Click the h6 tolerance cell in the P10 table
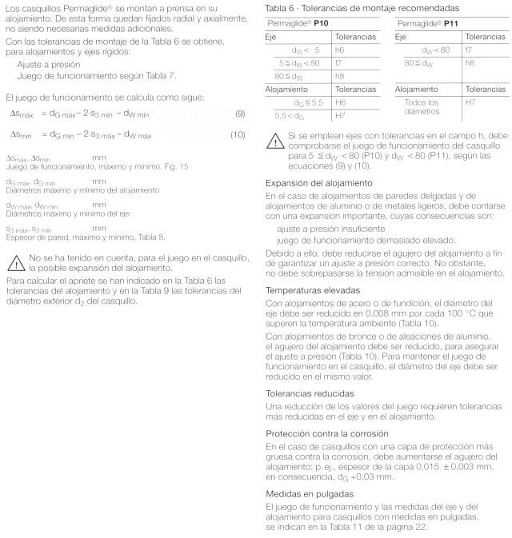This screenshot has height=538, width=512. [x=339, y=50]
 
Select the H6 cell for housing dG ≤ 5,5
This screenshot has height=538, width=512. [x=340, y=102]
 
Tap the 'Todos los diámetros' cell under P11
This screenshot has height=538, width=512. [x=422, y=107]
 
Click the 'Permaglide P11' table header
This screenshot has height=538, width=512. [x=422, y=24]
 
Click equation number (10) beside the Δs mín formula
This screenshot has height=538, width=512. [x=238, y=134]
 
